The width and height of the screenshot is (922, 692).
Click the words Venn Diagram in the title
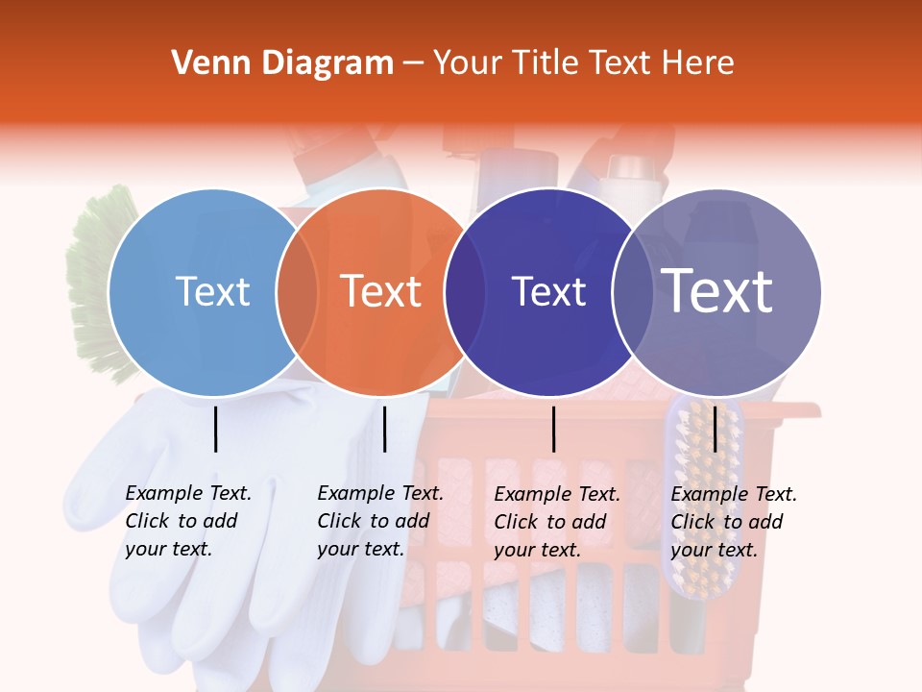282,63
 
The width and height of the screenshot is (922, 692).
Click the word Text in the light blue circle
212,291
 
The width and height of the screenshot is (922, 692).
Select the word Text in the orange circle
381,291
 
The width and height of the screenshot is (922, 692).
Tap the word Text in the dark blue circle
549,292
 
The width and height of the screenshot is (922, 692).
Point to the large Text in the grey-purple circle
717,291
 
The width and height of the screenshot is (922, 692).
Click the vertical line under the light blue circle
215,429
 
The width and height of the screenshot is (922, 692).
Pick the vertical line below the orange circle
384,429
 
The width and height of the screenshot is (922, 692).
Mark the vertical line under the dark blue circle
553,429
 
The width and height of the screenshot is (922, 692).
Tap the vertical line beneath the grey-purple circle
715,429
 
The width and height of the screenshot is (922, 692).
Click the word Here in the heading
701,63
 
